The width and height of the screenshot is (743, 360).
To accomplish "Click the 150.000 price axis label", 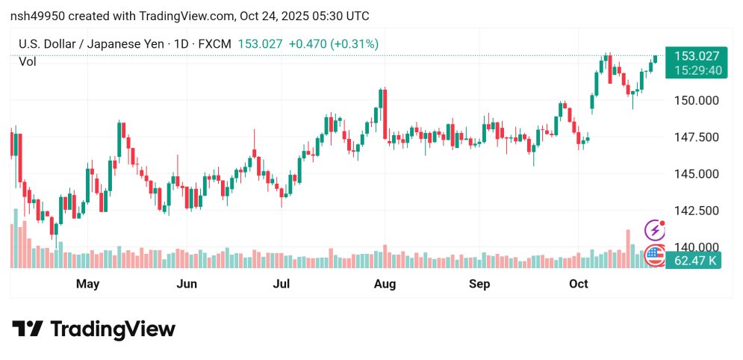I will pyautogui.click(x=696, y=100).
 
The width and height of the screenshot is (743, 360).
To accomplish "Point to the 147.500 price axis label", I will pyautogui.click(x=696, y=137).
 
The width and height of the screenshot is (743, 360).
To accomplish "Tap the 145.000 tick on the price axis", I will pyautogui.click(x=696, y=173).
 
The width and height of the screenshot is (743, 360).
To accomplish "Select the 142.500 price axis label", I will pyautogui.click(x=696, y=211).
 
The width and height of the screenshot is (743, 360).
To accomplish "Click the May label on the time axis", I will pyautogui.click(x=88, y=284).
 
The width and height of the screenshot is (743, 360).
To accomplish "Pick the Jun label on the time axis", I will pyautogui.click(x=187, y=284).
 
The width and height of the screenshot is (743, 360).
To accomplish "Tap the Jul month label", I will pyautogui.click(x=282, y=284).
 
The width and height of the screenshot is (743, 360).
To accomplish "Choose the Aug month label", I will pyautogui.click(x=385, y=284).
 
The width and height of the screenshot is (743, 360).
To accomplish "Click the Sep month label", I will pyautogui.click(x=479, y=284).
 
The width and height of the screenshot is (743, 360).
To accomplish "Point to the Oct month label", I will pyautogui.click(x=579, y=284).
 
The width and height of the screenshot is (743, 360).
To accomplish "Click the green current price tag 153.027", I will pyautogui.click(x=696, y=56).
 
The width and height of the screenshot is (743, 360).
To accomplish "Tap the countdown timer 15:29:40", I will pyautogui.click(x=696, y=70).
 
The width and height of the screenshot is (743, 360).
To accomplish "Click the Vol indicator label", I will pyautogui.click(x=28, y=62).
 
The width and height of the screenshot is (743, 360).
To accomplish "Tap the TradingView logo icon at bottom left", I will pyautogui.click(x=28, y=329).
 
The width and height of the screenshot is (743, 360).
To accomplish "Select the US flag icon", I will pyautogui.click(x=655, y=255).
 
